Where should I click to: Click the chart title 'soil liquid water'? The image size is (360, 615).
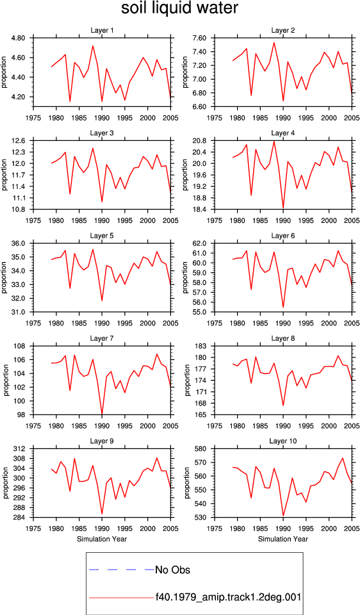[179, 8]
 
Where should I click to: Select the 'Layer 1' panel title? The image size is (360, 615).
[102, 31]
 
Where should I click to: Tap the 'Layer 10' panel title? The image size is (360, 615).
[282, 441]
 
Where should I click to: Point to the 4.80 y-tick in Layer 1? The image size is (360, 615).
[19, 38]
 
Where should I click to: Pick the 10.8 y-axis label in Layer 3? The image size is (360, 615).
[19, 209]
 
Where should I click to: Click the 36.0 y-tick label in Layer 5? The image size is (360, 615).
[19, 243]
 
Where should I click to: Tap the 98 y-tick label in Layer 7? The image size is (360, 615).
[22, 415]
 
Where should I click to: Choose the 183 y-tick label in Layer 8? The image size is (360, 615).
[202, 347]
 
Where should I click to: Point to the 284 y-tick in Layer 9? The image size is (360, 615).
[20, 518]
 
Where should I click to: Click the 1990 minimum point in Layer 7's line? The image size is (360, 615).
[102, 414]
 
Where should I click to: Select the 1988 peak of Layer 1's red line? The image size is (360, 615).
[93, 46]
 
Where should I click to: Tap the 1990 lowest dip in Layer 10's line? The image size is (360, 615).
[283, 516]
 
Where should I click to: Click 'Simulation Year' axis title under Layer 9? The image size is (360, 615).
[102, 539]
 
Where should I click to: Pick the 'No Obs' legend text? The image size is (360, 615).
[172, 570]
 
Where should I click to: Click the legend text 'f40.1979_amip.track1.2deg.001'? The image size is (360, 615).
[228, 597]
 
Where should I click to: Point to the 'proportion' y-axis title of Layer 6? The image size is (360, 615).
[186, 277]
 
